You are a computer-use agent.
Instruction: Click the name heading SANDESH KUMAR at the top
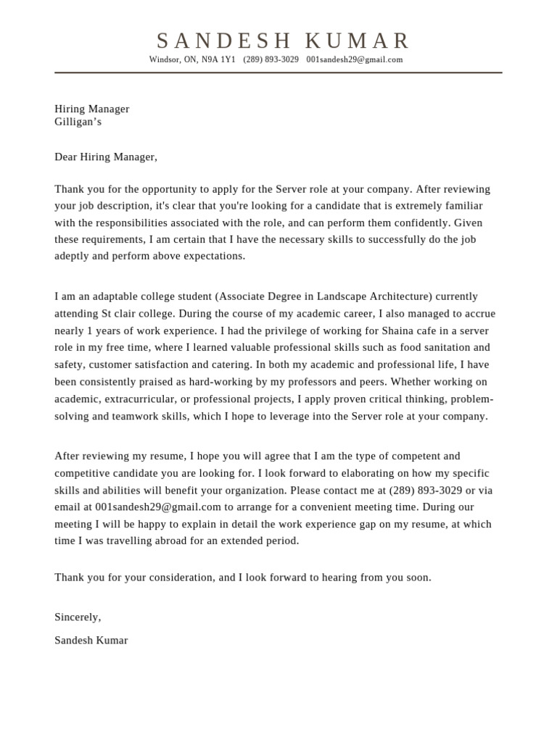(284, 41)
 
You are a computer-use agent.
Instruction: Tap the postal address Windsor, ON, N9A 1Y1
(192, 59)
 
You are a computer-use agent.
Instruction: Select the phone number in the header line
(271, 59)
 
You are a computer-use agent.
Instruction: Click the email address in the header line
(354, 59)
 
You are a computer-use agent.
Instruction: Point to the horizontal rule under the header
(278, 72)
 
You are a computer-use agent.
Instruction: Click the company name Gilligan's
(78, 122)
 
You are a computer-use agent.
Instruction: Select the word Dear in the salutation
(66, 157)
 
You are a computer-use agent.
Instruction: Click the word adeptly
(74, 256)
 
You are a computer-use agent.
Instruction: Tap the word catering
(231, 364)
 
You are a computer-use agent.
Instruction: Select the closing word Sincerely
(77, 617)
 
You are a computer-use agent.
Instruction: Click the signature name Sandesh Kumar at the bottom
(91, 641)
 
